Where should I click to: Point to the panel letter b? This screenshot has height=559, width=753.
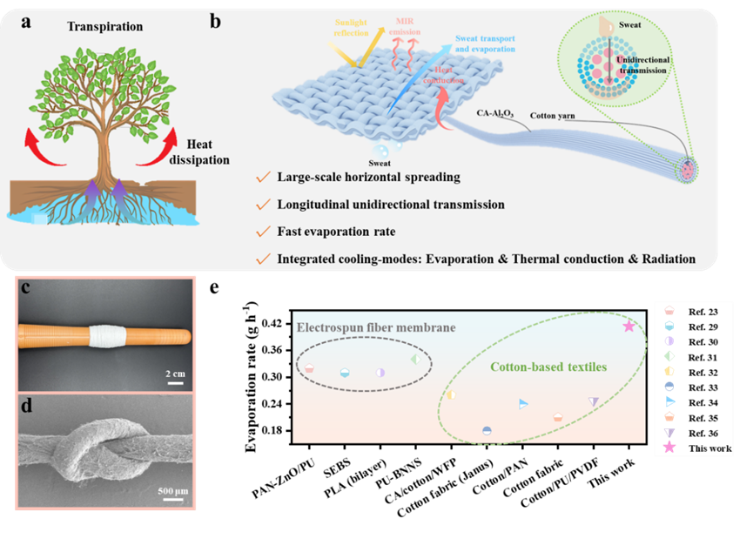(x=216, y=21)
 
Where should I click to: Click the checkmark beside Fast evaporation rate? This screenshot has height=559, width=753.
(x=261, y=232)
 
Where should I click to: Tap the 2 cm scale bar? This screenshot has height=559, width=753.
(x=175, y=374)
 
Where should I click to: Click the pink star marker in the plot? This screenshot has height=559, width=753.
(x=629, y=326)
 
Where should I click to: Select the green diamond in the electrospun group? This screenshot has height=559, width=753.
(x=415, y=359)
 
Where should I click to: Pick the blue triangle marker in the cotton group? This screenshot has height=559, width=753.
(x=523, y=403)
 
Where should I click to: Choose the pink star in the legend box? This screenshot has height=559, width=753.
(x=669, y=448)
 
